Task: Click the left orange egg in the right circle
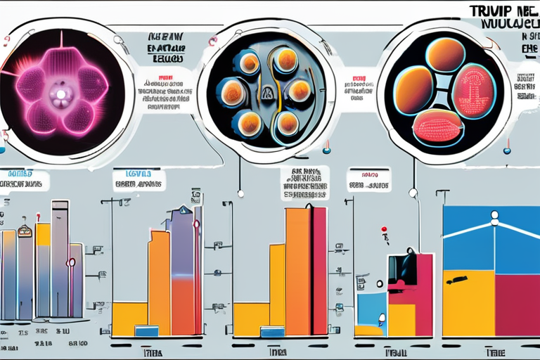coord(413,89)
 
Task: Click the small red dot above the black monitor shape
coord(385,229)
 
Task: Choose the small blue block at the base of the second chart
coord(146,330)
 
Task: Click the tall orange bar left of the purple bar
coord(159,281)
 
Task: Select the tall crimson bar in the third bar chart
coord(319,271)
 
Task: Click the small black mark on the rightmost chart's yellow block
coord(458,280)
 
